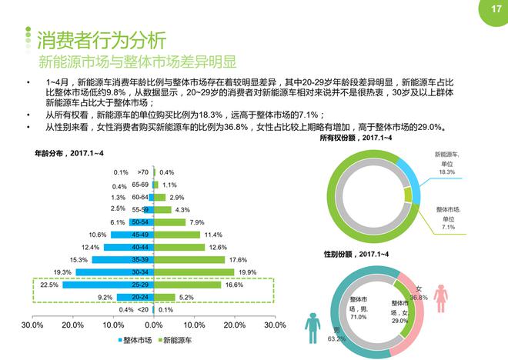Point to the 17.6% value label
pos(237,260)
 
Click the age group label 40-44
pos(141,247)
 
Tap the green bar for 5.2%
pos(165,297)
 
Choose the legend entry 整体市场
pos(139,338)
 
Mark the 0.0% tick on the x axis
pos(155,325)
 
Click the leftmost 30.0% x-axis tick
pos(32,325)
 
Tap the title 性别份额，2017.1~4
pos(356,254)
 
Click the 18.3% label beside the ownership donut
pos(446,172)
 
